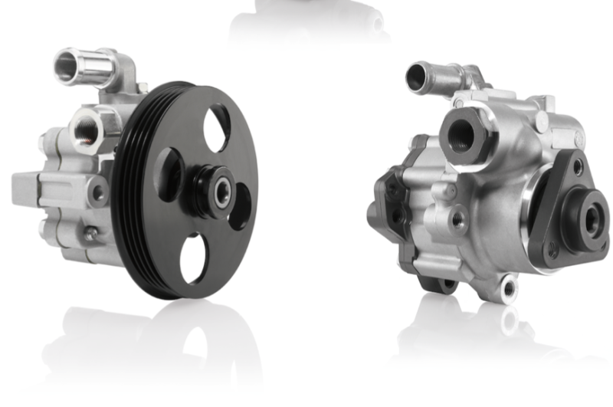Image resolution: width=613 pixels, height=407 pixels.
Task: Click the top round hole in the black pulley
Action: coord(217,126)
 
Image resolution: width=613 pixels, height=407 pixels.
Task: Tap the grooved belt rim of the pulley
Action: coord(129,192)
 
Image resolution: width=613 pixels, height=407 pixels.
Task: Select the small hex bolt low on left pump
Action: coord(90,235)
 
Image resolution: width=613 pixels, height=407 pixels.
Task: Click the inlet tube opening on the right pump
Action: coord(417,77)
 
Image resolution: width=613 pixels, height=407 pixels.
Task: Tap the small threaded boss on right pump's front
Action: coord(458,220)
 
